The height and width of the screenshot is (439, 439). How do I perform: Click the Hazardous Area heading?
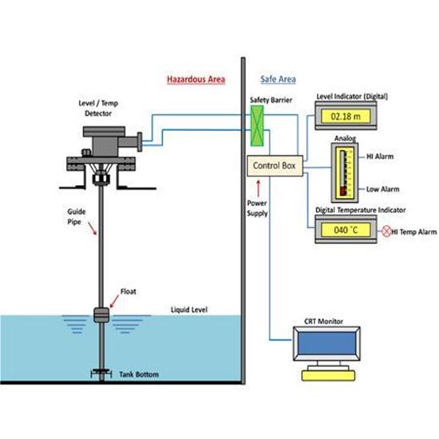point(196,81)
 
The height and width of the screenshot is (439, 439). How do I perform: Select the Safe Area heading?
point(277,81)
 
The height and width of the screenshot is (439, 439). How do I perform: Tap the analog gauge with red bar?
point(342,172)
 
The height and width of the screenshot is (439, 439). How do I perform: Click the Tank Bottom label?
point(138,374)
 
